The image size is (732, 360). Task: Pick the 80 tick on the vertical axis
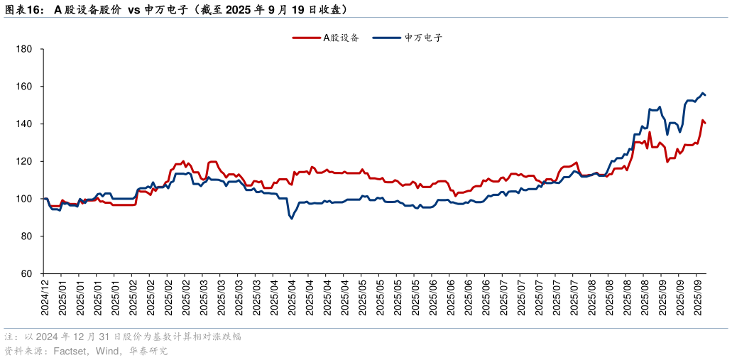click(26, 236)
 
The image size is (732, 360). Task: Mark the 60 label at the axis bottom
click(26, 273)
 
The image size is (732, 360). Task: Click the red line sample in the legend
click(306, 38)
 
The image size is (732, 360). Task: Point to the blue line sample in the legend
click(388, 38)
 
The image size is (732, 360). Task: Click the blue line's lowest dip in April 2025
click(291, 218)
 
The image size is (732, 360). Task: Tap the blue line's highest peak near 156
click(702, 93)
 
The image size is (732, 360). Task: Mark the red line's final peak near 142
click(702, 120)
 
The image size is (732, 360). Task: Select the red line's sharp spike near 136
click(650, 132)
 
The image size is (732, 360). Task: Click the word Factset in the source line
click(70, 351)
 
